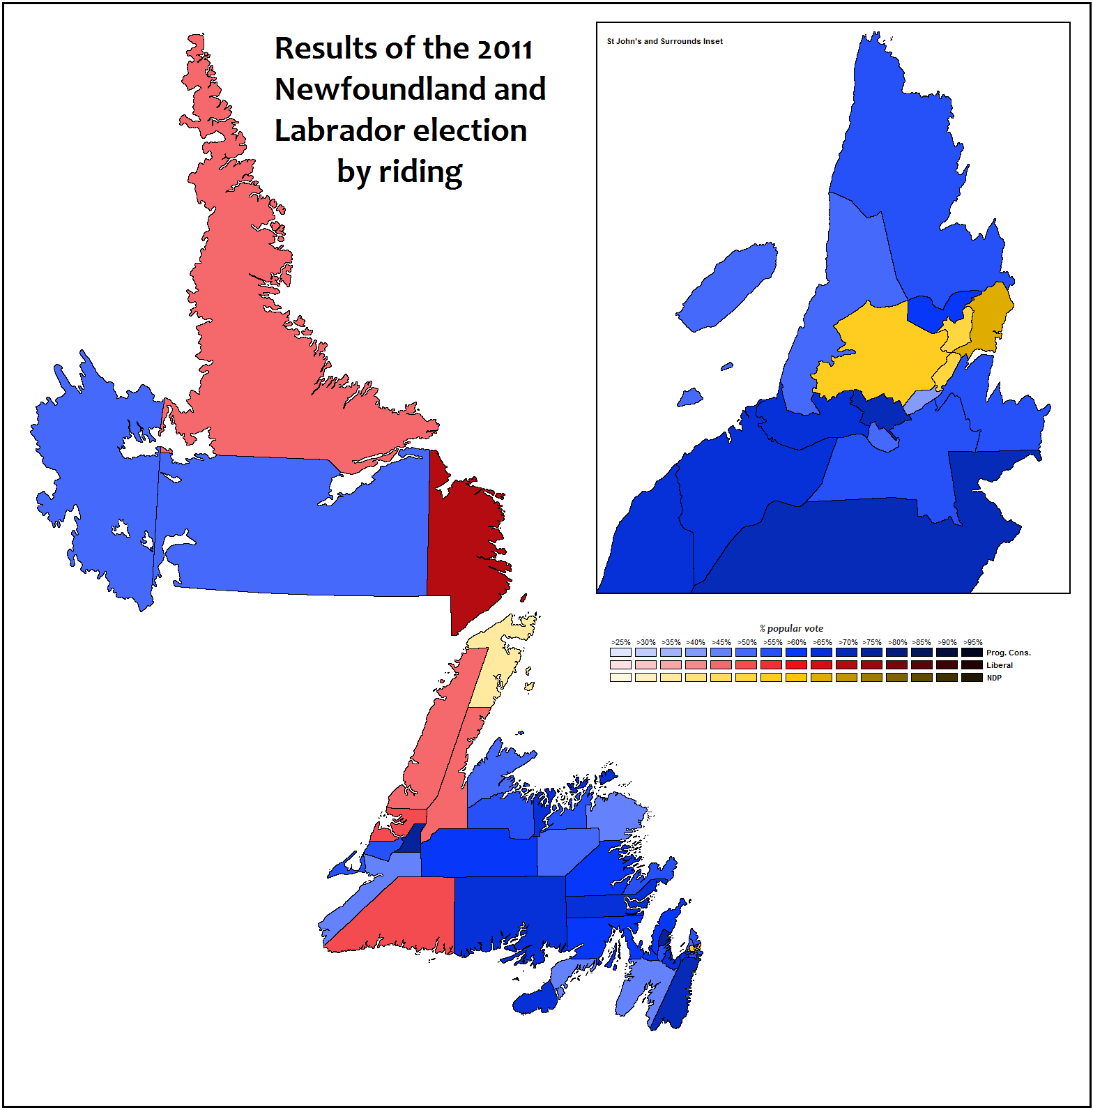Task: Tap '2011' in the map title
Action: click(505, 49)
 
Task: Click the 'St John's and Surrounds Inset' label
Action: click(664, 41)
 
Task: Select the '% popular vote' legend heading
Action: click(791, 628)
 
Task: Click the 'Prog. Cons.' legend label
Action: click(1008, 653)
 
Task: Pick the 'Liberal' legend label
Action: click(1000, 665)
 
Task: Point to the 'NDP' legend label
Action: click(994, 678)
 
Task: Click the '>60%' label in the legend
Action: click(797, 642)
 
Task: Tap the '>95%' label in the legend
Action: click(972, 642)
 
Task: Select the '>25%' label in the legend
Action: click(620, 642)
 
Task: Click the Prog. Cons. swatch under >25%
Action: click(620, 653)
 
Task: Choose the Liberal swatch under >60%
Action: click(796, 665)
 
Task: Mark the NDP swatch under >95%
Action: click(972, 677)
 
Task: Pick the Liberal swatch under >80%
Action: click(896, 665)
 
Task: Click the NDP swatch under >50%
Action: click(746, 677)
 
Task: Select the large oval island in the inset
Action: click(728, 286)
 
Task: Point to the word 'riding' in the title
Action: click(420, 172)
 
